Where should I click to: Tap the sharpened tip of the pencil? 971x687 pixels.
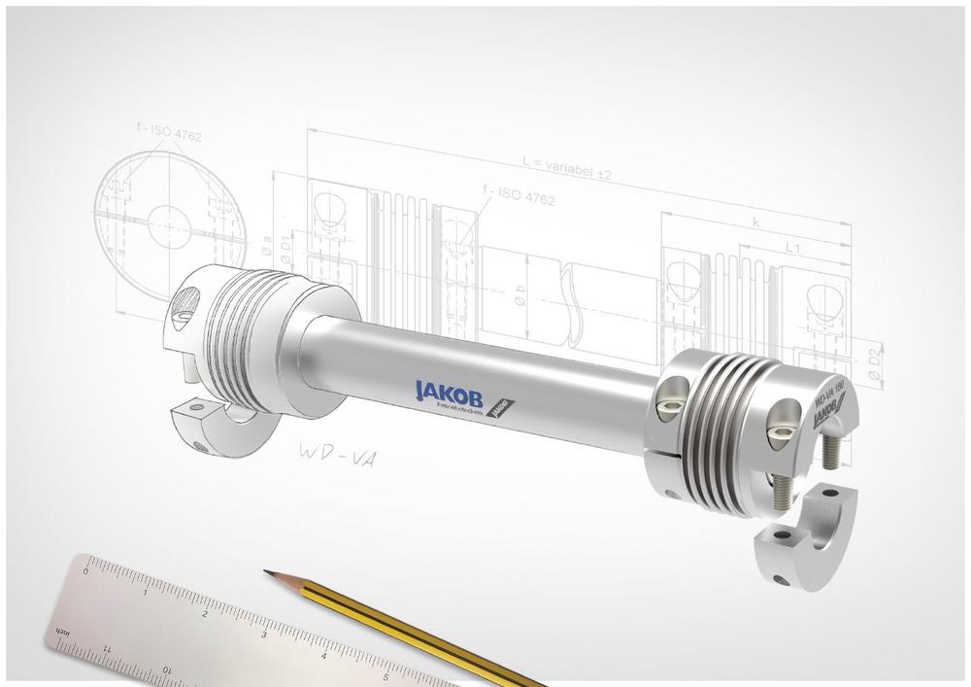267,572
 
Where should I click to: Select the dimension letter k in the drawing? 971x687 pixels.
755,222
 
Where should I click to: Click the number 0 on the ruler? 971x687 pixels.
85,573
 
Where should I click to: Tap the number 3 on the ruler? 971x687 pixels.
264,635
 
